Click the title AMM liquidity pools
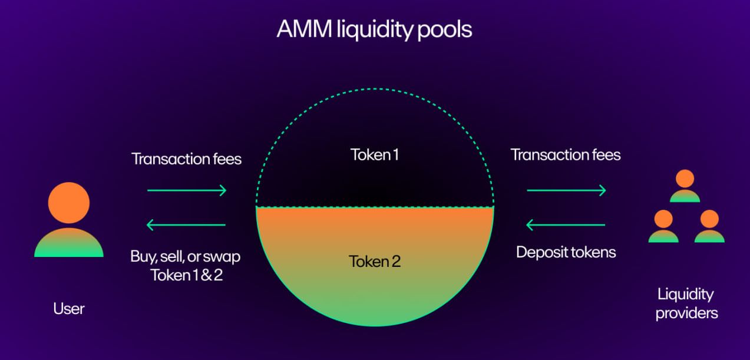(x=374, y=29)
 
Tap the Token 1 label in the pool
(x=375, y=155)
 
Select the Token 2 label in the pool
(x=375, y=262)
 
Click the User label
(x=69, y=309)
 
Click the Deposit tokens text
(x=566, y=253)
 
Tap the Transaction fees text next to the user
(x=187, y=158)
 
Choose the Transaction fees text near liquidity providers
(x=566, y=155)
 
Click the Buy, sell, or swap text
(x=185, y=257)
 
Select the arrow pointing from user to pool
(x=187, y=190)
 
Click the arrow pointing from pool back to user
(x=186, y=224)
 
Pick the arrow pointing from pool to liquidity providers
(x=566, y=190)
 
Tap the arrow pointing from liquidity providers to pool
(x=566, y=224)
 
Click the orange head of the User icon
(x=69, y=203)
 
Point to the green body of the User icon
(x=69, y=243)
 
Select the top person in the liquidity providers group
(x=685, y=186)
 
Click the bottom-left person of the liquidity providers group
(x=663, y=226)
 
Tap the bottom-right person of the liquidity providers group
(x=709, y=226)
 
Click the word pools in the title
(x=445, y=31)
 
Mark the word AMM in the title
(x=305, y=29)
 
